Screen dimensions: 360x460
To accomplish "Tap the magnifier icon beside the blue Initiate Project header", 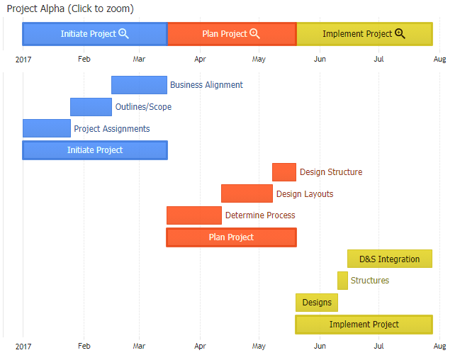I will click(x=124, y=33).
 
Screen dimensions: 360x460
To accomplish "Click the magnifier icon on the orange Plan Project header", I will click(x=255, y=33).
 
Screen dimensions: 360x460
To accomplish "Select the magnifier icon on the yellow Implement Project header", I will click(x=400, y=33).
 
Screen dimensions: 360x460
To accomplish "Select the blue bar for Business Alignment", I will click(x=139, y=85).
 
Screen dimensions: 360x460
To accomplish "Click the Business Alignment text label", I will click(x=206, y=85).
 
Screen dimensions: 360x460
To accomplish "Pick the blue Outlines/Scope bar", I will click(x=91, y=107).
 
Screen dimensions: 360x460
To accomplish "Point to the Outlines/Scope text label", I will click(x=143, y=107).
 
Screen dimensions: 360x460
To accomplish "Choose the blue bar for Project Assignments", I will click(x=47, y=128).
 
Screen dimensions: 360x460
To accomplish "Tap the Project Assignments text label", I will click(x=112, y=129).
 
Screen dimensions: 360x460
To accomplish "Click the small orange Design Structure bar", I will click(x=284, y=172).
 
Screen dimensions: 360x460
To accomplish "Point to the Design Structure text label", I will click(x=331, y=172).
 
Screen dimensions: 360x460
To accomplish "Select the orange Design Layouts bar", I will click(x=247, y=193).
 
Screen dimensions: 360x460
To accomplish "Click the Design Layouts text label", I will click(x=305, y=194).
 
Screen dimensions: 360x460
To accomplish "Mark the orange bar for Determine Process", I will click(x=194, y=215).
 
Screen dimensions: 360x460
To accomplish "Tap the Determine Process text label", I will click(x=260, y=215).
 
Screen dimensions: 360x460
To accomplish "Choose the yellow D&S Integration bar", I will click(x=390, y=259).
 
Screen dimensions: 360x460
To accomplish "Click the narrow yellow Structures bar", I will click(x=342, y=281).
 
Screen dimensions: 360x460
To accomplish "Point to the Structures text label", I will click(x=370, y=281).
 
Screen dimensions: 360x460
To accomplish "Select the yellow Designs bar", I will click(x=317, y=303).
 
